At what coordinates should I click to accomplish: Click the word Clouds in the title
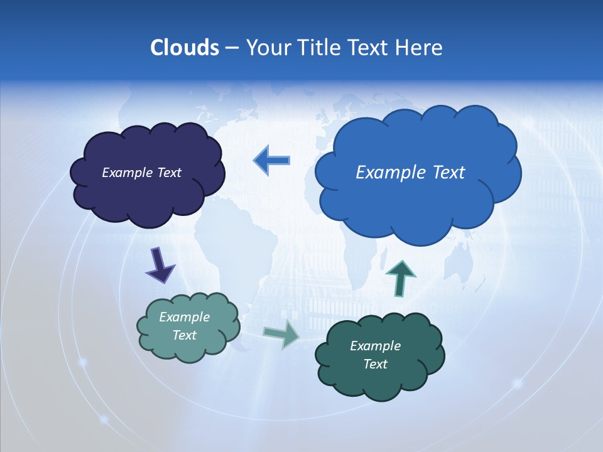tap(184, 48)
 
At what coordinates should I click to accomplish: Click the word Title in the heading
tap(319, 48)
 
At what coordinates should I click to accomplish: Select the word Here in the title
tap(420, 48)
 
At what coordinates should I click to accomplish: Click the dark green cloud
tap(380, 380)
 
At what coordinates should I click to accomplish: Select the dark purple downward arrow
tap(160, 265)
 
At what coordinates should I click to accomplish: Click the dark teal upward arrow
tap(400, 278)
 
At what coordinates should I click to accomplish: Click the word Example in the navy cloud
tap(126, 173)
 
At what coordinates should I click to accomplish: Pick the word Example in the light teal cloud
tap(184, 317)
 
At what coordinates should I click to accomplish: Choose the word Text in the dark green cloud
tap(375, 364)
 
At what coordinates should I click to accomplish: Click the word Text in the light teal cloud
tap(184, 335)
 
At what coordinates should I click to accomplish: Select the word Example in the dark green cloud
tap(375, 346)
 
